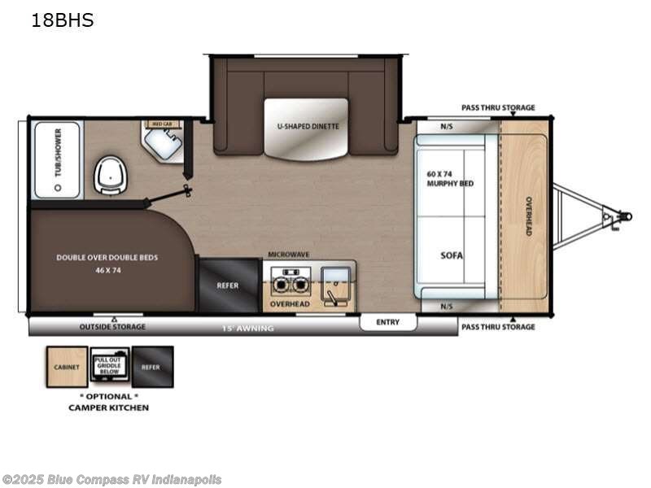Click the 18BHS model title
click(x=62, y=21)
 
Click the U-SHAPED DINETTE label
click(x=308, y=127)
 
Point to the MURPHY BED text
click(x=449, y=179)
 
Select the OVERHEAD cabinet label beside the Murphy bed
click(x=527, y=216)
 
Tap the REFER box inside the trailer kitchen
click(x=228, y=285)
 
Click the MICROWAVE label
click(x=289, y=255)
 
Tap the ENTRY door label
click(x=388, y=322)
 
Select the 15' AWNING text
click(x=248, y=328)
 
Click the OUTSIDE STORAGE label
click(x=112, y=327)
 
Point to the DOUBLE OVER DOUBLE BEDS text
click(x=107, y=258)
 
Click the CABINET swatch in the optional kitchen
click(x=66, y=367)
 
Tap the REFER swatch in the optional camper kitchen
click(x=152, y=367)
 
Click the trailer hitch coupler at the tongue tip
click(x=623, y=216)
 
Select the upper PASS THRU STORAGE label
click(x=498, y=107)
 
